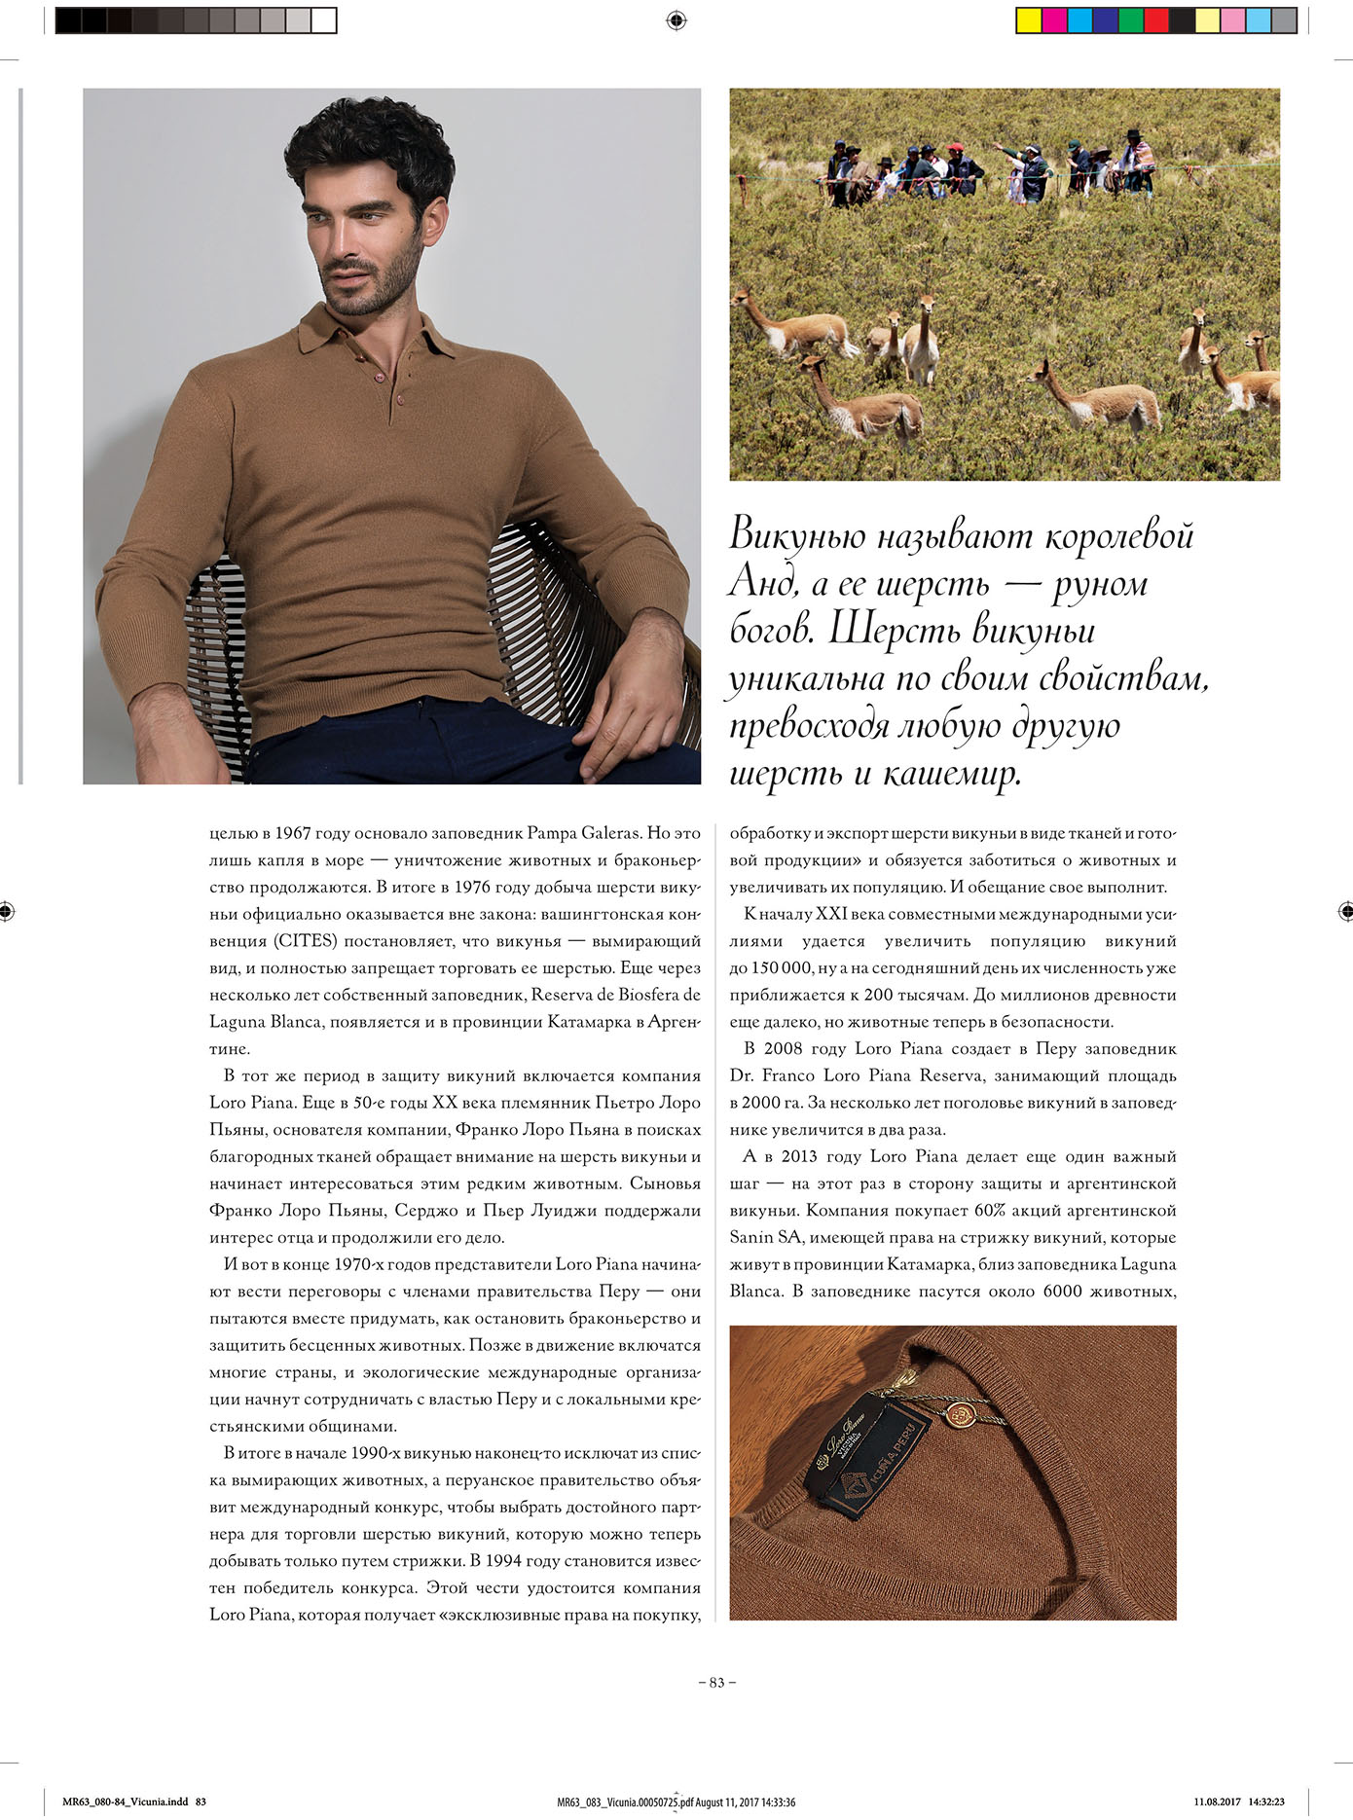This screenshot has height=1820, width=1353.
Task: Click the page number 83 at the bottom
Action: [x=717, y=1682]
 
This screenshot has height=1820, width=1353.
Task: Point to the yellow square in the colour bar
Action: [x=1028, y=20]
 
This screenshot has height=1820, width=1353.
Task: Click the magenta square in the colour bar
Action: [x=1054, y=20]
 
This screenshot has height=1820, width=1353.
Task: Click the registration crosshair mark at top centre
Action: [x=676, y=20]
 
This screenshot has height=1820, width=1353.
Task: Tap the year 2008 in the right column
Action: [x=783, y=1049]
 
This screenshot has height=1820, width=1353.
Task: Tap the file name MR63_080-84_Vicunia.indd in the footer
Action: [x=126, y=1802]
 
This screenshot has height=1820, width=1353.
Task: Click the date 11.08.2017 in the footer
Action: [x=1217, y=1802]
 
